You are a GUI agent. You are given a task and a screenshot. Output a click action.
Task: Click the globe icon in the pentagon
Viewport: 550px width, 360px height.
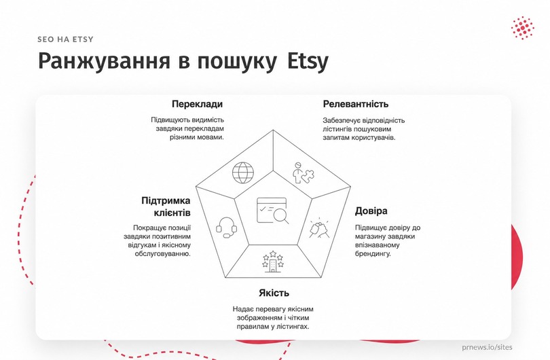tap(242, 173)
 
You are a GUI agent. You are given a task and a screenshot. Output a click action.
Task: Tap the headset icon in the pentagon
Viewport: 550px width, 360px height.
tap(226, 228)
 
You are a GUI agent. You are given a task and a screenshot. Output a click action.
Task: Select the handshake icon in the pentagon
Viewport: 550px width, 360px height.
tap(319, 228)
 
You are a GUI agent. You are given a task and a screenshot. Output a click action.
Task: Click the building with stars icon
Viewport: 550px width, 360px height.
tap(273, 262)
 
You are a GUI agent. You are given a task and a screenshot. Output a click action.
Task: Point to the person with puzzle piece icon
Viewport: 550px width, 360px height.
tap(304, 173)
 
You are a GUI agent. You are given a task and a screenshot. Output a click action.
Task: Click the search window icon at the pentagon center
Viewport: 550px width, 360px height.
tap(273, 211)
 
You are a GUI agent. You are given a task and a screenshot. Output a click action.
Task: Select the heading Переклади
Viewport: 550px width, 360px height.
tap(197, 104)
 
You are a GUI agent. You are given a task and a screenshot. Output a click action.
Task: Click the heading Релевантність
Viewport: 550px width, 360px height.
tap(356, 104)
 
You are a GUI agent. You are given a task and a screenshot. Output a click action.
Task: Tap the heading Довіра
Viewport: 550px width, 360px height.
tap(371, 211)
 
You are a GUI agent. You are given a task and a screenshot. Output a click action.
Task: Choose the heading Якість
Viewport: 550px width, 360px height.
tap(274, 293)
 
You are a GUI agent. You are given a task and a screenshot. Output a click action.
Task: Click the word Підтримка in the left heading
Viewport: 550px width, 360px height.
tap(166, 200)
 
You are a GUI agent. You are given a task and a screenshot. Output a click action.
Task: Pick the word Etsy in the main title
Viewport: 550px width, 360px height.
tap(308, 60)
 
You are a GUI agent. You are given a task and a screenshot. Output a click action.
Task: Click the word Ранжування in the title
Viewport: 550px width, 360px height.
tap(104, 60)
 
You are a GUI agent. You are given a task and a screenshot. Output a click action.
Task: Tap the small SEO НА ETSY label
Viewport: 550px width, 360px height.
tap(66, 39)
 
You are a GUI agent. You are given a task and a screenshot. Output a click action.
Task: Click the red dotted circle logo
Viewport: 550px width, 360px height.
tap(523, 28)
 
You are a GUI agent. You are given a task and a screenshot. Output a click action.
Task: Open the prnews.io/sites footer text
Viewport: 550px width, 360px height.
tap(487, 347)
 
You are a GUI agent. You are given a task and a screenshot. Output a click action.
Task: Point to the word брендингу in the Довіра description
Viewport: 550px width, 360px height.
tap(373, 253)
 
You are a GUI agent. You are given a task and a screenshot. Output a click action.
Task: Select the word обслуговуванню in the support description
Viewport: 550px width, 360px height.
tap(163, 253)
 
